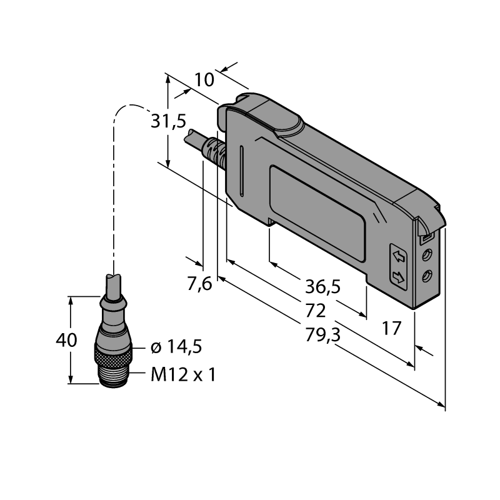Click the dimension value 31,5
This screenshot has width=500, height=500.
(168, 121)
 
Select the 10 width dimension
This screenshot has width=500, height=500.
(204, 80)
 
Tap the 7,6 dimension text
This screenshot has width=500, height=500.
(199, 284)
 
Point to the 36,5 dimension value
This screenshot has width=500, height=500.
(322, 286)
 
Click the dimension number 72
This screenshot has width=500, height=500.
(316, 310)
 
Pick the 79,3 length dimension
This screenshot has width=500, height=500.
(322, 335)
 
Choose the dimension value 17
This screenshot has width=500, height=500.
(391, 329)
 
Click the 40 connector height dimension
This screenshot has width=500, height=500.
(66, 340)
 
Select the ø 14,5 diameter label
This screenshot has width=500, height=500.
(176, 347)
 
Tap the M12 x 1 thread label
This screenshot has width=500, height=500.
(183, 374)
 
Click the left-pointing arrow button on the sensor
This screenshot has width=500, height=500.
(398, 256)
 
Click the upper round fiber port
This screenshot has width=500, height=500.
(427, 255)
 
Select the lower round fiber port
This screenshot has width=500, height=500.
(427, 276)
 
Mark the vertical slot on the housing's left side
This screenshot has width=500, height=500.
(242, 171)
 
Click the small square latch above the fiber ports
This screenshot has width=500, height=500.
(426, 237)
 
